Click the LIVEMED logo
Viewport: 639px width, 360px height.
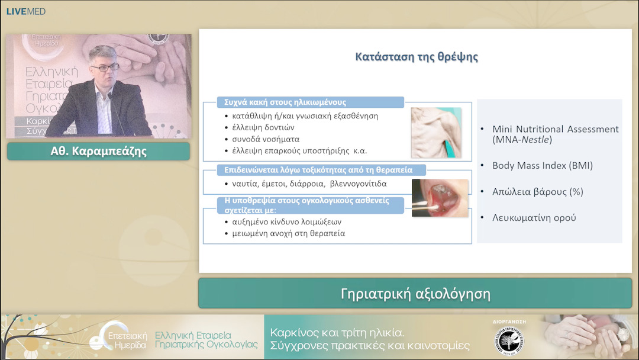point(25,11)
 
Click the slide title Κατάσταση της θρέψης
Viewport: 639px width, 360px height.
point(417,57)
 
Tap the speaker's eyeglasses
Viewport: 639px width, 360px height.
point(105,67)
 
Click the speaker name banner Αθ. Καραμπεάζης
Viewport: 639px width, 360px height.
point(98,151)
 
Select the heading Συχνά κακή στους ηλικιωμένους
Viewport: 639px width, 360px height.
point(281,102)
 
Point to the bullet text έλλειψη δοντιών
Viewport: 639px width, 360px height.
point(263,127)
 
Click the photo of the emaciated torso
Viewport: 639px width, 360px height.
point(436,133)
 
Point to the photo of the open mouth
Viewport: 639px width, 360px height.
point(440,198)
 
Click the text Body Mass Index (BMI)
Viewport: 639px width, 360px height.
point(543,166)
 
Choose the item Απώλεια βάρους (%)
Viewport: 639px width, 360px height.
point(530,192)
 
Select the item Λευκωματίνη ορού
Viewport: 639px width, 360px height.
point(534,217)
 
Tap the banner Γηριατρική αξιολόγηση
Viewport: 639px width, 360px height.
point(415,294)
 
